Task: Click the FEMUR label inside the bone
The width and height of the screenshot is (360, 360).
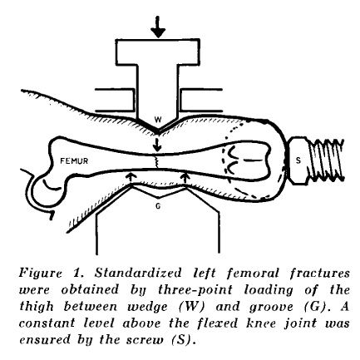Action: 74,160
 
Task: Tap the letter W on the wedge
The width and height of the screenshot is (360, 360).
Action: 158,120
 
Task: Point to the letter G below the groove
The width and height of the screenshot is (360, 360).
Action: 158,206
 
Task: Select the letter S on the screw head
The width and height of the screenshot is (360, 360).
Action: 298,160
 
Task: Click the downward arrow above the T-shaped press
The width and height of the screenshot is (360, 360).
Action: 158,27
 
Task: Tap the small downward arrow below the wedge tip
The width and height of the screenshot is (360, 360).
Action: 157,144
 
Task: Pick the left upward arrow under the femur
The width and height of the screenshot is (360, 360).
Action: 131,180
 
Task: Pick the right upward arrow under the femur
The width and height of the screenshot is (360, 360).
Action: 185,180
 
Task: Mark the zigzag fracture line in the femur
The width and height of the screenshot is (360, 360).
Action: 156,162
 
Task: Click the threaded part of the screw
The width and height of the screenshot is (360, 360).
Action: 327,160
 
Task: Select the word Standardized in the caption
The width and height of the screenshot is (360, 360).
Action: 138,273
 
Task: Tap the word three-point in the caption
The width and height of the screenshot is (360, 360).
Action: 195,289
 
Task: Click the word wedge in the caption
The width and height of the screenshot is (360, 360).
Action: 147,307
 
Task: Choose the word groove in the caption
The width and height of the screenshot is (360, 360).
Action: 271,307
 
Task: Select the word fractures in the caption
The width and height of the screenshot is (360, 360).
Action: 319,274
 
